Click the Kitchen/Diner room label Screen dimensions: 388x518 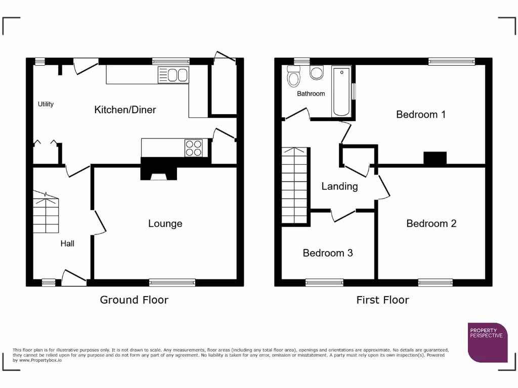pyautogui.click(x=125, y=110)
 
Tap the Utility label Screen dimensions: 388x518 pyautogui.click(x=46, y=104)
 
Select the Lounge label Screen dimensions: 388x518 pyautogui.click(x=165, y=223)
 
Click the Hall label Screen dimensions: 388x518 pyautogui.click(x=67, y=244)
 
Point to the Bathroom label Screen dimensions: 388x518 pyautogui.click(x=311, y=93)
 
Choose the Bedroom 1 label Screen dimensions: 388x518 pyautogui.click(x=420, y=114)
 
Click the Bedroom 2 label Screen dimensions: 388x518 pyautogui.click(x=431, y=223)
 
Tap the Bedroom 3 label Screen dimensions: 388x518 pyautogui.click(x=327, y=253)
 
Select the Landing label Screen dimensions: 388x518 pyautogui.click(x=339, y=186)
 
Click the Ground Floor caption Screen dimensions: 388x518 pyautogui.click(x=134, y=300)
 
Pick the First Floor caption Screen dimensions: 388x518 pyautogui.click(x=382, y=300)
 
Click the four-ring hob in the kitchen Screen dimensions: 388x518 pyautogui.click(x=194, y=148)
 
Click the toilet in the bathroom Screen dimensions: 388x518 pyautogui.click(x=293, y=77)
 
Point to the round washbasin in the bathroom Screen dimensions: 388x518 pyautogui.click(x=317, y=73)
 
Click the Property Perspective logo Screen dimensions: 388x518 pyautogui.click(x=487, y=342)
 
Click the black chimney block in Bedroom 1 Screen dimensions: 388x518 pyautogui.click(x=435, y=158)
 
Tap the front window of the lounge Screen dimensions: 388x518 pyautogui.click(x=172, y=282)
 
